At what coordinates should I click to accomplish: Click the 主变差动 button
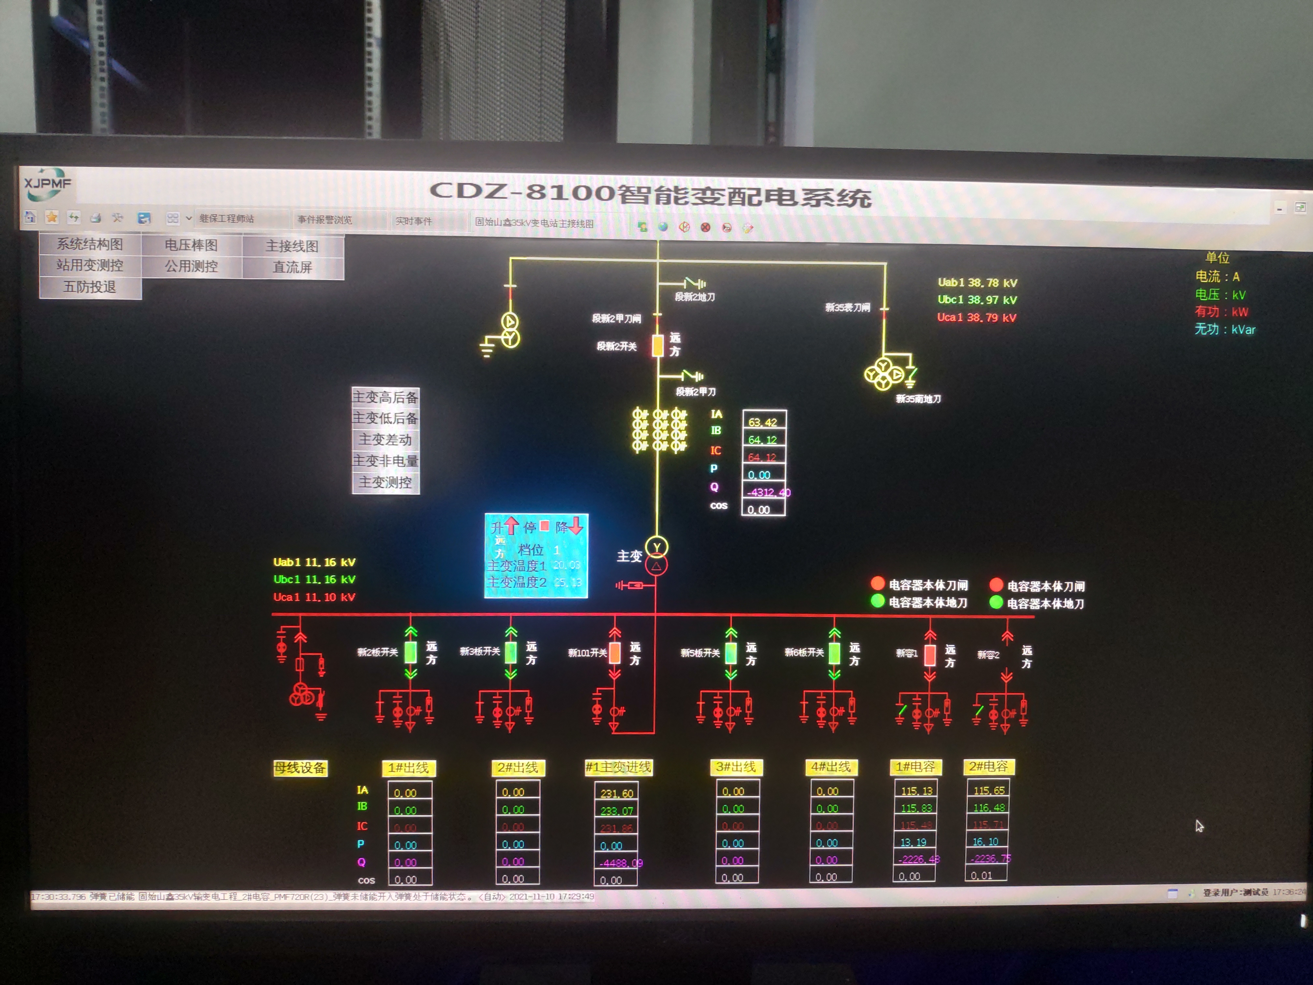pyautogui.click(x=385, y=439)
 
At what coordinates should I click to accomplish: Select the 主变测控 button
pyautogui.click(x=385, y=482)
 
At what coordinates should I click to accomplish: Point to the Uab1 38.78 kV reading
pyautogui.click(x=977, y=283)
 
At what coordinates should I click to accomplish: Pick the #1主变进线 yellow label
pyautogui.click(x=618, y=767)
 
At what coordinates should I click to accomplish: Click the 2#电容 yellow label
pyautogui.click(x=988, y=766)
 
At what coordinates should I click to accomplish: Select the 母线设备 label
pyautogui.click(x=300, y=768)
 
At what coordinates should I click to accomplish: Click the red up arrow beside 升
pyautogui.click(x=512, y=525)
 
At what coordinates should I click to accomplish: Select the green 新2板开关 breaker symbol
pyautogui.click(x=410, y=652)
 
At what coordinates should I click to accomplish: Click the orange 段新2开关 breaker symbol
pyautogui.click(x=658, y=346)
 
